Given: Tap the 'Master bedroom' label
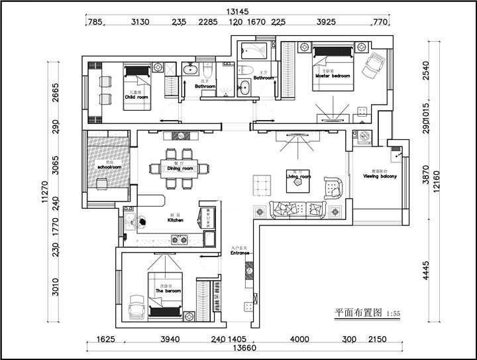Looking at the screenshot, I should click(332, 76).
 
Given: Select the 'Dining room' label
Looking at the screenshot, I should click(180, 169).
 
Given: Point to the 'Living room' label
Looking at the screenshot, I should click(299, 177).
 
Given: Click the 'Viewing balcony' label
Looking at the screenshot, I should click(380, 176).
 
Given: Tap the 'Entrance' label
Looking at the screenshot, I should click(240, 253).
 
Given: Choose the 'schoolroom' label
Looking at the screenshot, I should click(109, 168).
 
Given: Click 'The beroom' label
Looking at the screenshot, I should click(168, 291).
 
